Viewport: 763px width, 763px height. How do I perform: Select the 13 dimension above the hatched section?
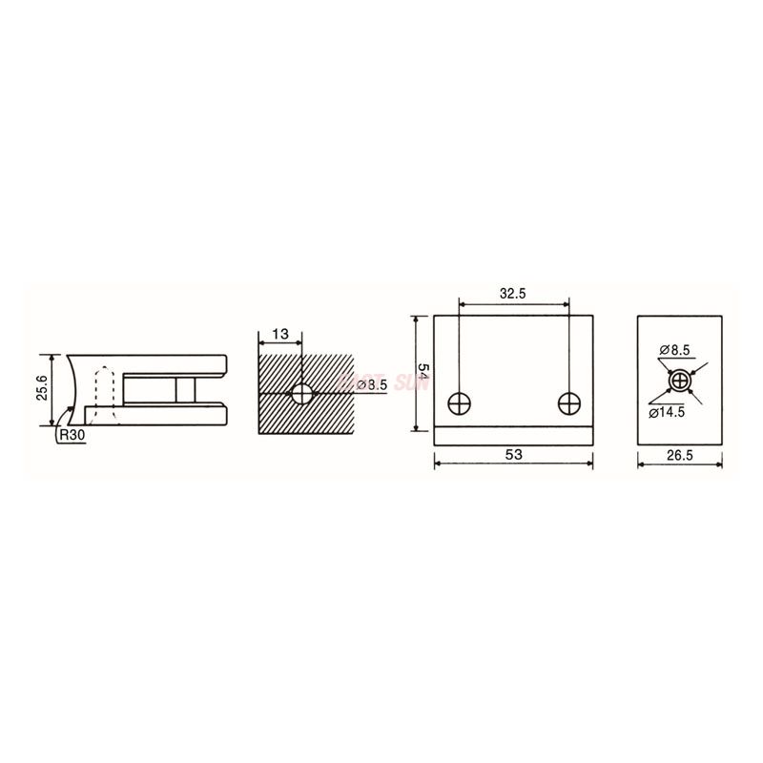click(x=279, y=335)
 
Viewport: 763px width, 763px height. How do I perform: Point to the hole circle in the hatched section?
click(x=302, y=392)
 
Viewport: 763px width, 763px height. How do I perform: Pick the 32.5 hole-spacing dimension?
click(x=513, y=294)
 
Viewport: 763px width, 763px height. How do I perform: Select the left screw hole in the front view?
click(x=460, y=402)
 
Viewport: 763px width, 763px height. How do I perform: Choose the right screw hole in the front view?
click(x=568, y=402)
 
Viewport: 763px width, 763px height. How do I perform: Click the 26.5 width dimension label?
click(x=679, y=457)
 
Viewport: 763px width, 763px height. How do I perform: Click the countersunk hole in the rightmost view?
click(x=679, y=381)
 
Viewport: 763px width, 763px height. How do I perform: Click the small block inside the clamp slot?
click(x=185, y=389)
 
